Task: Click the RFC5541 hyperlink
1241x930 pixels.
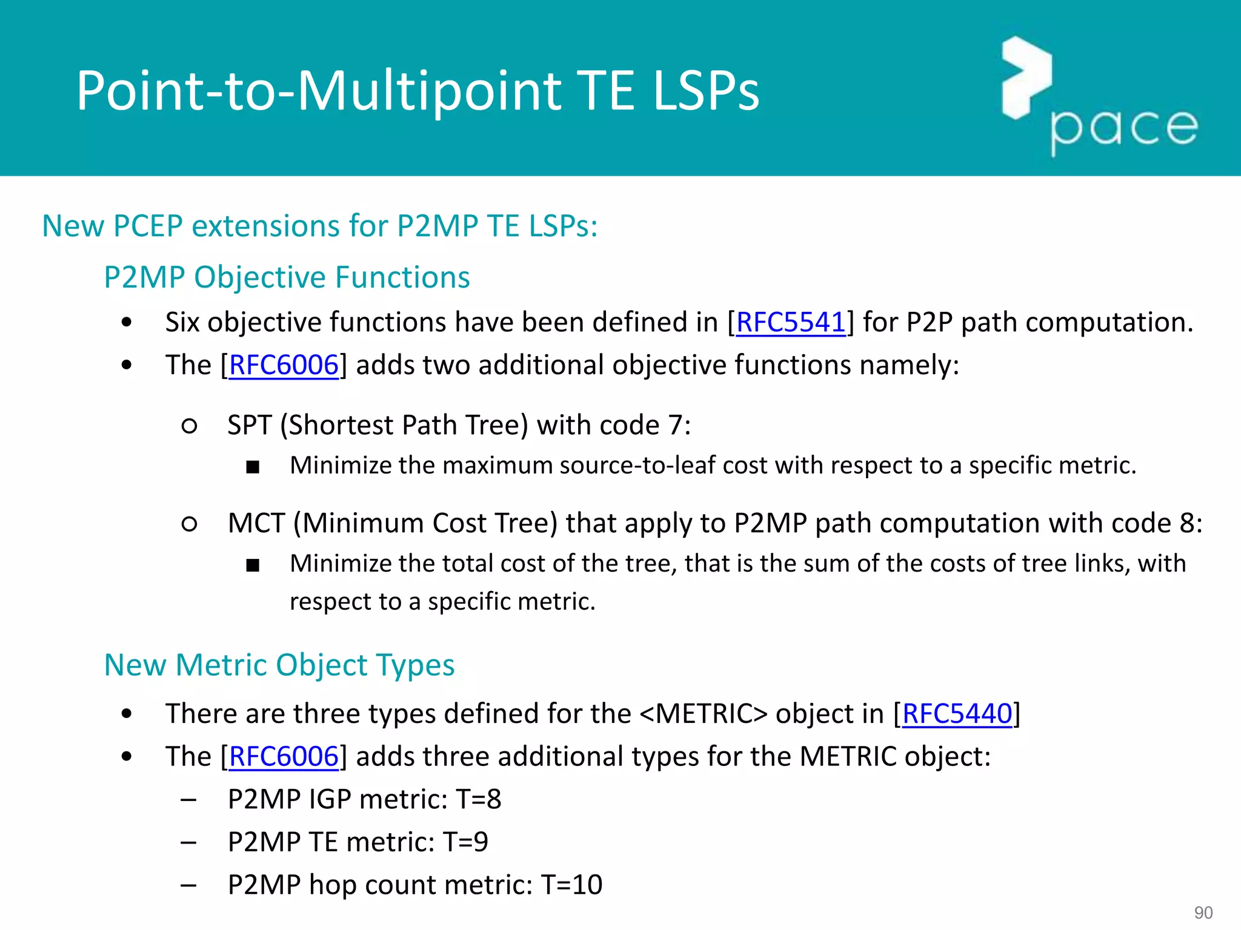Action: pyautogui.click(x=790, y=322)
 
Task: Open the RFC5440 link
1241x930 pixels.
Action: pyautogui.click(x=957, y=714)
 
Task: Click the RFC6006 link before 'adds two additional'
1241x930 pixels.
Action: pyautogui.click(x=284, y=365)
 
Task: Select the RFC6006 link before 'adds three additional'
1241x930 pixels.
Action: pyautogui.click(x=284, y=757)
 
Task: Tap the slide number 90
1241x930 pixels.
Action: pyautogui.click(x=1203, y=912)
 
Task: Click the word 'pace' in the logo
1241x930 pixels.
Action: pyautogui.click(x=1124, y=129)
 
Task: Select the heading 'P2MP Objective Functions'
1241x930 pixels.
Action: pyautogui.click(x=287, y=277)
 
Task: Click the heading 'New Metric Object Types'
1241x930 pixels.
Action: pyautogui.click(x=279, y=665)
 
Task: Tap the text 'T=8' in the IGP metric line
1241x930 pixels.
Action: pyautogui.click(x=479, y=799)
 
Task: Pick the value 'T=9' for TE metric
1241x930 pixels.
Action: pyautogui.click(x=465, y=842)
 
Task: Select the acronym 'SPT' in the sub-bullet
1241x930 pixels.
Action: pyautogui.click(x=249, y=425)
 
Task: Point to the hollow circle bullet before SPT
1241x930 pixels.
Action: pyautogui.click(x=189, y=426)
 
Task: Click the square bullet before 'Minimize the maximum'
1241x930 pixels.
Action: pyautogui.click(x=253, y=467)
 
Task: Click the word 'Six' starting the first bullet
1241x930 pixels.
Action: pyautogui.click(x=182, y=322)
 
